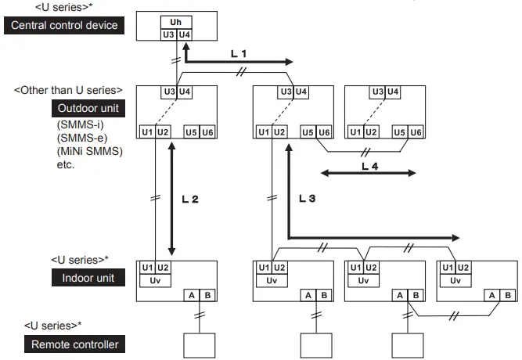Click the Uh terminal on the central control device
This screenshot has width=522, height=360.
click(176, 23)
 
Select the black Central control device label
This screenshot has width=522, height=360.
click(64, 25)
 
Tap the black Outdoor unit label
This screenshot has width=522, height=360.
click(88, 108)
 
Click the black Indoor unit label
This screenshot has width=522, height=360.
click(88, 278)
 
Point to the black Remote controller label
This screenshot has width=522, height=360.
click(74, 344)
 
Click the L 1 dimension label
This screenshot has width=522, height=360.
click(239, 54)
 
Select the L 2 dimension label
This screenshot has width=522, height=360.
click(190, 199)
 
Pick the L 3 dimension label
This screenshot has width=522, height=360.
click(307, 199)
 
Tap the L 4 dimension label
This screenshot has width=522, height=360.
click(370, 166)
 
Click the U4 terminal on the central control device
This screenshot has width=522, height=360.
click(185, 34)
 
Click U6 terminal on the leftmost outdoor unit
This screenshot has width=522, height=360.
click(207, 132)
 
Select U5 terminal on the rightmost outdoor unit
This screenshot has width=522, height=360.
click(399, 132)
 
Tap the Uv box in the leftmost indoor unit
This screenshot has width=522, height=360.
click(155, 280)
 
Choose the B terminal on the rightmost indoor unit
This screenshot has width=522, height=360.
click(508, 295)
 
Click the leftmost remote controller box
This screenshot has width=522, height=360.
click(200, 346)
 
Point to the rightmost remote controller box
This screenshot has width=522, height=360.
click(408, 346)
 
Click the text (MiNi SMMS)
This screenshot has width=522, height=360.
click(90, 152)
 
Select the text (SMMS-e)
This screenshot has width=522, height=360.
click(82, 138)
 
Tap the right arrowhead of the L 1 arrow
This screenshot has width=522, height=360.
click(289, 62)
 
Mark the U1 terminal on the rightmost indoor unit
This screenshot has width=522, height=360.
click(448, 268)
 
